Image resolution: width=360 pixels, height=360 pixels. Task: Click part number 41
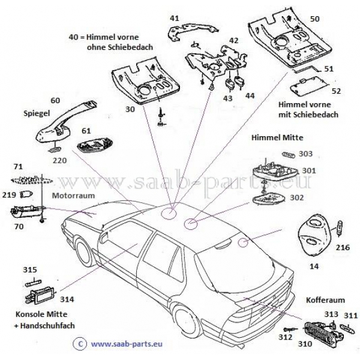point(175,18)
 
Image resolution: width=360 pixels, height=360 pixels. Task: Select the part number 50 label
point(314,19)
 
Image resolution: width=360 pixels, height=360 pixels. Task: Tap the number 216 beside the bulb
point(343,247)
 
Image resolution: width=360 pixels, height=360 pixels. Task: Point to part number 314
point(67,299)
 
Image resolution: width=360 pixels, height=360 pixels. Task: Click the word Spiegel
point(37,113)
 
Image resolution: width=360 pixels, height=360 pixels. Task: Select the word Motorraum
point(73,196)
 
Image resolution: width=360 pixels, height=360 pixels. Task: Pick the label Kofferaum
point(325,300)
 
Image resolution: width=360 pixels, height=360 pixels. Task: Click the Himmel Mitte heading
point(277,137)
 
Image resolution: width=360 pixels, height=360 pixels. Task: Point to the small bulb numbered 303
point(288,155)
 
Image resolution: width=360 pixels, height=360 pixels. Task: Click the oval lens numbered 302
point(269,198)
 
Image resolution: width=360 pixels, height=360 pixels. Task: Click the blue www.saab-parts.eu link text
point(127,344)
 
